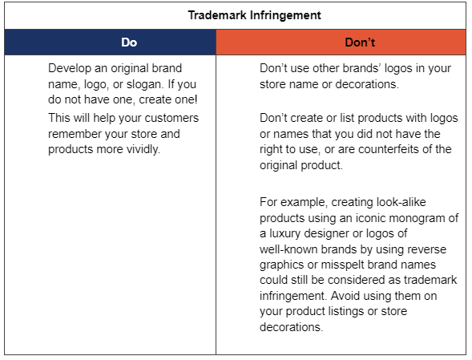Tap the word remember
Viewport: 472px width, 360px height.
point(75,134)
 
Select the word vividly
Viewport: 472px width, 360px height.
point(141,149)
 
